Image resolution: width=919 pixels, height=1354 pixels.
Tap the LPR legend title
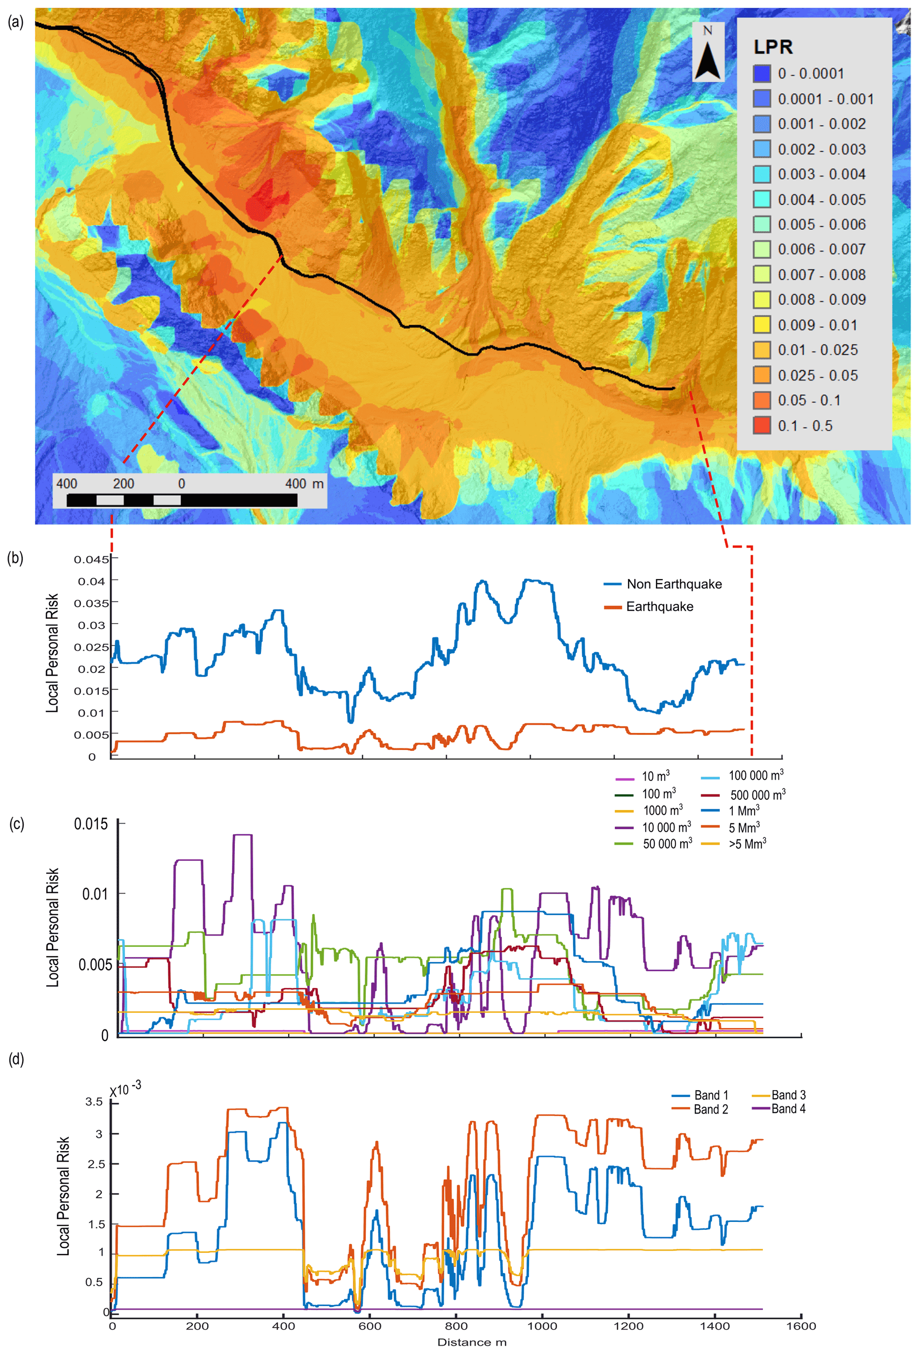click(x=773, y=47)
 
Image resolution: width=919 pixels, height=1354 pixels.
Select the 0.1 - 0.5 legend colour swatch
click(x=761, y=425)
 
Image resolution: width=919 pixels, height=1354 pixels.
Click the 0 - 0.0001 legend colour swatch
click(x=761, y=73)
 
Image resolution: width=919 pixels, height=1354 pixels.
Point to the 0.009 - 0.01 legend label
click(x=817, y=325)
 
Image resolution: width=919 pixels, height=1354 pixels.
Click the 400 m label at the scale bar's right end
click(x=304, y=483)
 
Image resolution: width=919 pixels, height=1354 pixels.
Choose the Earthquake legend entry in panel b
click(x=659, y=607)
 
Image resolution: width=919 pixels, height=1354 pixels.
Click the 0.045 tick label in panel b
click(x=92, y=559)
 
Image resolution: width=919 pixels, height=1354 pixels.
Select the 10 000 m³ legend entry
click(x=666, y=827)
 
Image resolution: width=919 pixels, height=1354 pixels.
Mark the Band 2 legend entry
click(x=710, y=1109)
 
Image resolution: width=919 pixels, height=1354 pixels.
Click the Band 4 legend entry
click(x=788, y=1109)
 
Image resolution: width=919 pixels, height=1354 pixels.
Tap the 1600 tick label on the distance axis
click(x=801, y=1326)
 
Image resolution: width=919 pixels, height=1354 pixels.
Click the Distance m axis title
click(x=472, y=1342)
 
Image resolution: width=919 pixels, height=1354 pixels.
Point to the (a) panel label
click(x=16, y=22)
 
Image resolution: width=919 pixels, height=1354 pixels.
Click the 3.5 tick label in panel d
click(x=94, y=1102)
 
